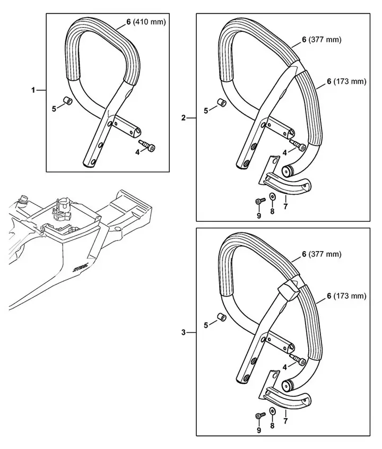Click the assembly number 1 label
33,90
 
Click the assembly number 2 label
184,117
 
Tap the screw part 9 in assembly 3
259,414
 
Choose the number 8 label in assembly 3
272,425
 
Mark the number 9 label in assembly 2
259,215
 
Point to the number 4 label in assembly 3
284,367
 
